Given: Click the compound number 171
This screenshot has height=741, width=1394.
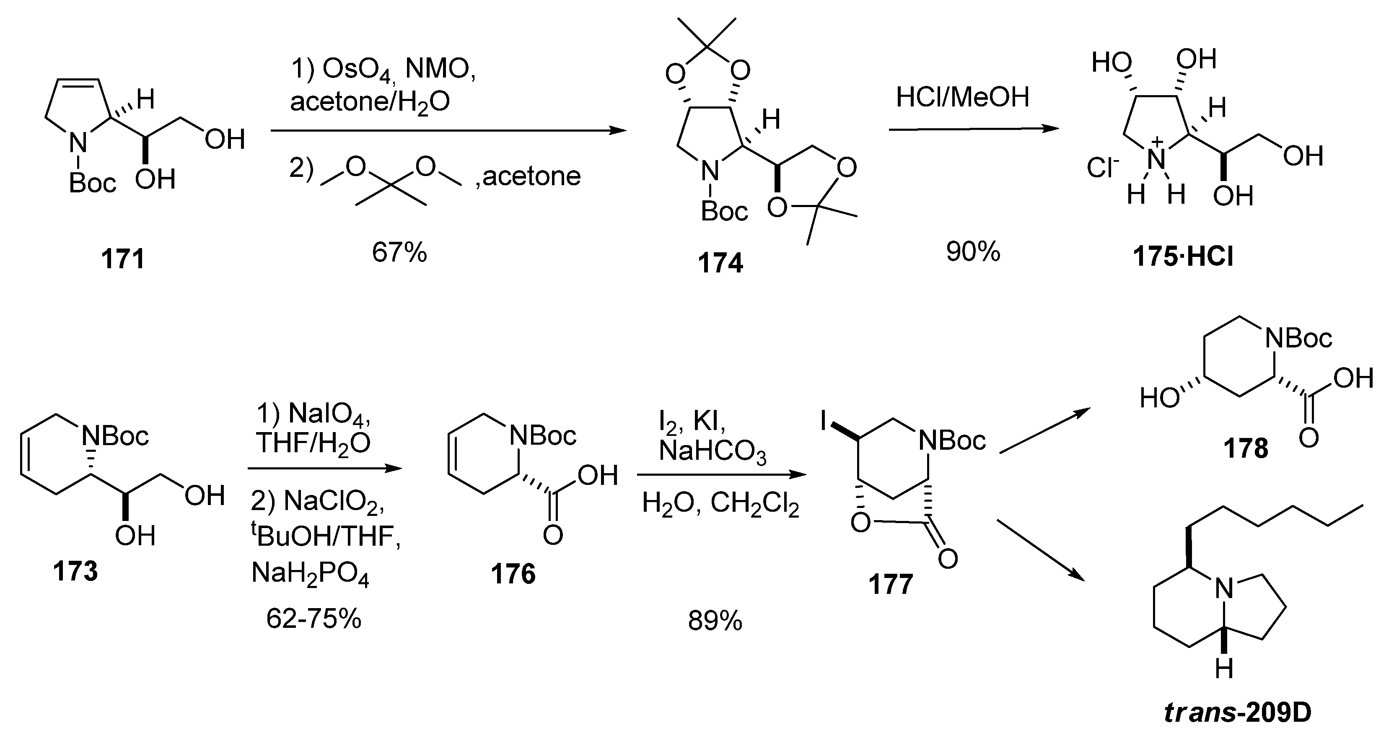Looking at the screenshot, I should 123,259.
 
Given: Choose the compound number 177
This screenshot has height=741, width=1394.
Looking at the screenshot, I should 890,585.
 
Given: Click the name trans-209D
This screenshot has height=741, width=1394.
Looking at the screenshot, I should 1238,714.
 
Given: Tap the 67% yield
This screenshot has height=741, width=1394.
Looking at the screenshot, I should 399,253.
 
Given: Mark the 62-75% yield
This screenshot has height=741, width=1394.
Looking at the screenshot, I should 314,619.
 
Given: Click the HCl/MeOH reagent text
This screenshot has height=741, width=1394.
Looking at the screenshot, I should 962,98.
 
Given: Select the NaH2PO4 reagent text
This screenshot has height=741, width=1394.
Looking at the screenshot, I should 310,575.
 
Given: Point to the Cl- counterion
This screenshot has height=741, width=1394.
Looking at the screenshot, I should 1102,168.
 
